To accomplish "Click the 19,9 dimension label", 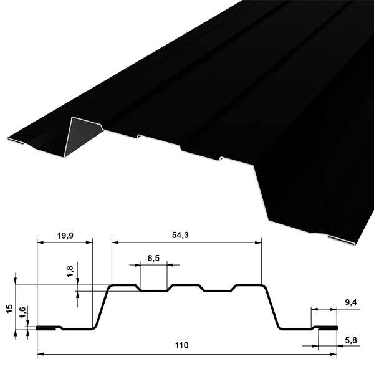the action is click(x=65, y=236).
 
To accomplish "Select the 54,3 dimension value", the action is click(x=180, y=235).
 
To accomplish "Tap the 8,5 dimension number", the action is click(x=153, y=258).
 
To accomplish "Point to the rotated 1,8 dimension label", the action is click(x=70, y=271).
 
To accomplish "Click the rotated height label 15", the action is click(x=9, y=309).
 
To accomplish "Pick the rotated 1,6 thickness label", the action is click(x=22, y=312).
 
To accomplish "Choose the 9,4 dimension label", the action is click(x=351, y=302).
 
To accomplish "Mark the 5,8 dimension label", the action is click(x=351, y=340).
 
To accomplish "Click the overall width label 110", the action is click(x=182, y=345).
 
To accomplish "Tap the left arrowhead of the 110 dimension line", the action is click(x=41, y=355).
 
